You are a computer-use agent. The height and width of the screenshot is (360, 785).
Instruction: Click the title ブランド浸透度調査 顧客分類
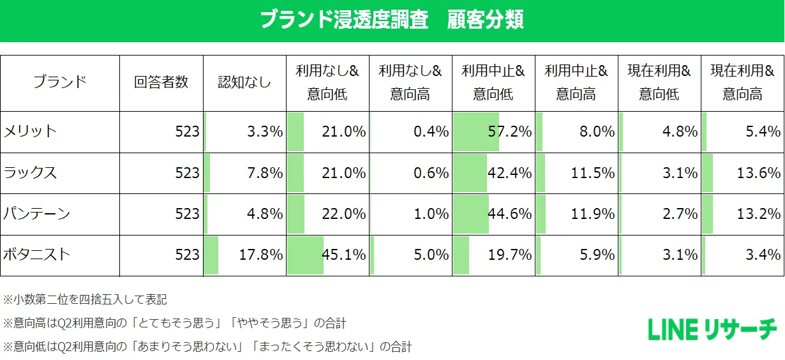pyautogui.click(x=392, y=19)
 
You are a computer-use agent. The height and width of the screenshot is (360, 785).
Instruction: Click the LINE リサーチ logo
pyautogui.click(x=712, y=329)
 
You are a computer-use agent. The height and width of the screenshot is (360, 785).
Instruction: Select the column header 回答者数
pyautogui.click(x=161, y=82)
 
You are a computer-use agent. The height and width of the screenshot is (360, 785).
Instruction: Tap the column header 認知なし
pyautogui.click(x=244, y=82)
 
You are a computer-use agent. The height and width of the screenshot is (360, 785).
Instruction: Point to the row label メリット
pyautogui.click(x=31, y=131)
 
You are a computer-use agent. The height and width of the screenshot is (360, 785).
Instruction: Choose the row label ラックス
pyautogui.click(x=31, y=172)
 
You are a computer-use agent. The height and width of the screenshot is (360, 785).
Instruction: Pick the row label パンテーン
pyautogui.click(x=37, y=213)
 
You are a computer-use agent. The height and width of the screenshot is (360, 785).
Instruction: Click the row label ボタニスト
pyautogui.click(x=37, y=255)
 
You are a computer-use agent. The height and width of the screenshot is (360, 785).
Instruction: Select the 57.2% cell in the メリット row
pyautogui.click(x=509, y=131)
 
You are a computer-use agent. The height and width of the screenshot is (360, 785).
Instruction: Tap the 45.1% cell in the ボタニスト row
pyautogui.click(x=343, y=255)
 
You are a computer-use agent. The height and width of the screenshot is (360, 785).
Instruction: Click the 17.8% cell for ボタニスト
pyautogui.click(x=260, y=255)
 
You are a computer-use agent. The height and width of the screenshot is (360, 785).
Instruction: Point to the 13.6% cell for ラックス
pyautogui.click(x=758, y=172)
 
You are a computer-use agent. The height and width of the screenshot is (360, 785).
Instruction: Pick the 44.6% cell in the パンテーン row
pyautogui.click(x=509, y=213)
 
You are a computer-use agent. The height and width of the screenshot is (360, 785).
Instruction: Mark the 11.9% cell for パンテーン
pyautogui.click(x=592, y=213)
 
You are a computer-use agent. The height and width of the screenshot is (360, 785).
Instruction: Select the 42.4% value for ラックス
pyautogui.click(x=509, y=172)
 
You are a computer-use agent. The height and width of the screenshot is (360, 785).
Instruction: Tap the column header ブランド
pyautogui.click(x=59, y=82)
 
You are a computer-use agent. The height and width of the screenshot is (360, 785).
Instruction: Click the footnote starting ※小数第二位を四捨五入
pyautogui.click(x=85, y=299)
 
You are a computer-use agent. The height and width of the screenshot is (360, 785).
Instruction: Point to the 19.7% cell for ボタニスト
pyautogui.click(x=509, y=255)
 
